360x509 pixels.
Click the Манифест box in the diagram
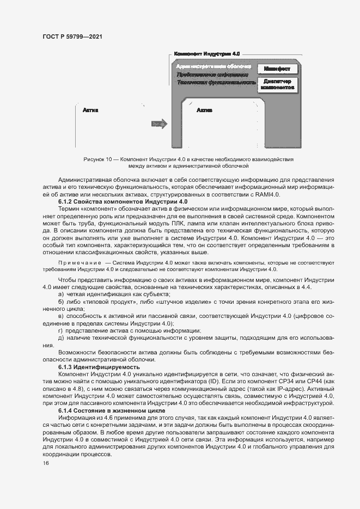tap(277, 69)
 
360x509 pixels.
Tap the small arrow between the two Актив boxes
tap(158, 124)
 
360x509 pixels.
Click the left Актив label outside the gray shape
tap(90, 110)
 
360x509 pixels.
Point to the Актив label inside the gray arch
tap(204, 110)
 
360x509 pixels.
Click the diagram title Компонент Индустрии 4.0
tap(206, 54)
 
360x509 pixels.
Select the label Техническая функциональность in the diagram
tap(216, 83)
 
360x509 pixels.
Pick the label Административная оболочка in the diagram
tap(213, 66)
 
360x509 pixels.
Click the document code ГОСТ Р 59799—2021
tap(72, 37)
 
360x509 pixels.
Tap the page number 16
tap(46, 463)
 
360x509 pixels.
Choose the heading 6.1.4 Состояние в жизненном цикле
tap(112, 409)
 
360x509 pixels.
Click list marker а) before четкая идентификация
tap(61, 294)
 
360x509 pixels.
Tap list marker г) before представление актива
tap(60, 330)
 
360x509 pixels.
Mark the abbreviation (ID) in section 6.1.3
tap(206, 382)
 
